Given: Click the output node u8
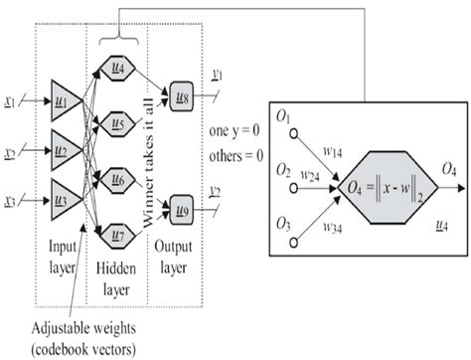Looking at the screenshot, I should point(184,95).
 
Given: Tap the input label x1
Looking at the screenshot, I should point(10,100).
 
